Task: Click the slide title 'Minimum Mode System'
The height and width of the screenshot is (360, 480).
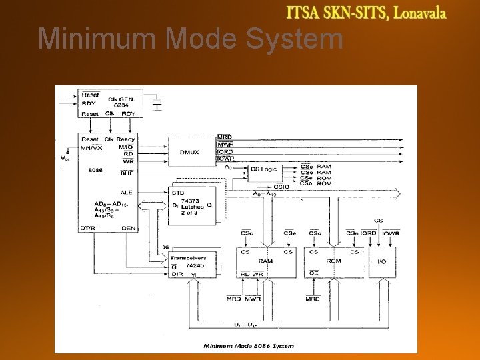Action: click(190, 39)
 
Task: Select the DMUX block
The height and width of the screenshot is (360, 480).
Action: click(189, 152)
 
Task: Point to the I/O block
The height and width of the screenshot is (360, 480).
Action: click(381, 262)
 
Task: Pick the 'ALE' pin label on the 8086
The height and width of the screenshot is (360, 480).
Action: click(127, 192)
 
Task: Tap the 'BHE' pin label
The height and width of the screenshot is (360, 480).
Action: click(127, 172)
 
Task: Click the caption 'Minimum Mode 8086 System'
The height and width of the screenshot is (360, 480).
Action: click(249, 345)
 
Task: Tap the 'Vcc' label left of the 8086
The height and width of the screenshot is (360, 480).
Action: click(65, 159)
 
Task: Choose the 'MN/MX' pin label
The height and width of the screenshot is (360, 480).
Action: click(91, 147)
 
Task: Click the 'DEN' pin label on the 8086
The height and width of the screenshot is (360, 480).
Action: click(128, 227)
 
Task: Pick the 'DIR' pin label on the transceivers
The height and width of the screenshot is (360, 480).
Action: click(177, 273)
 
